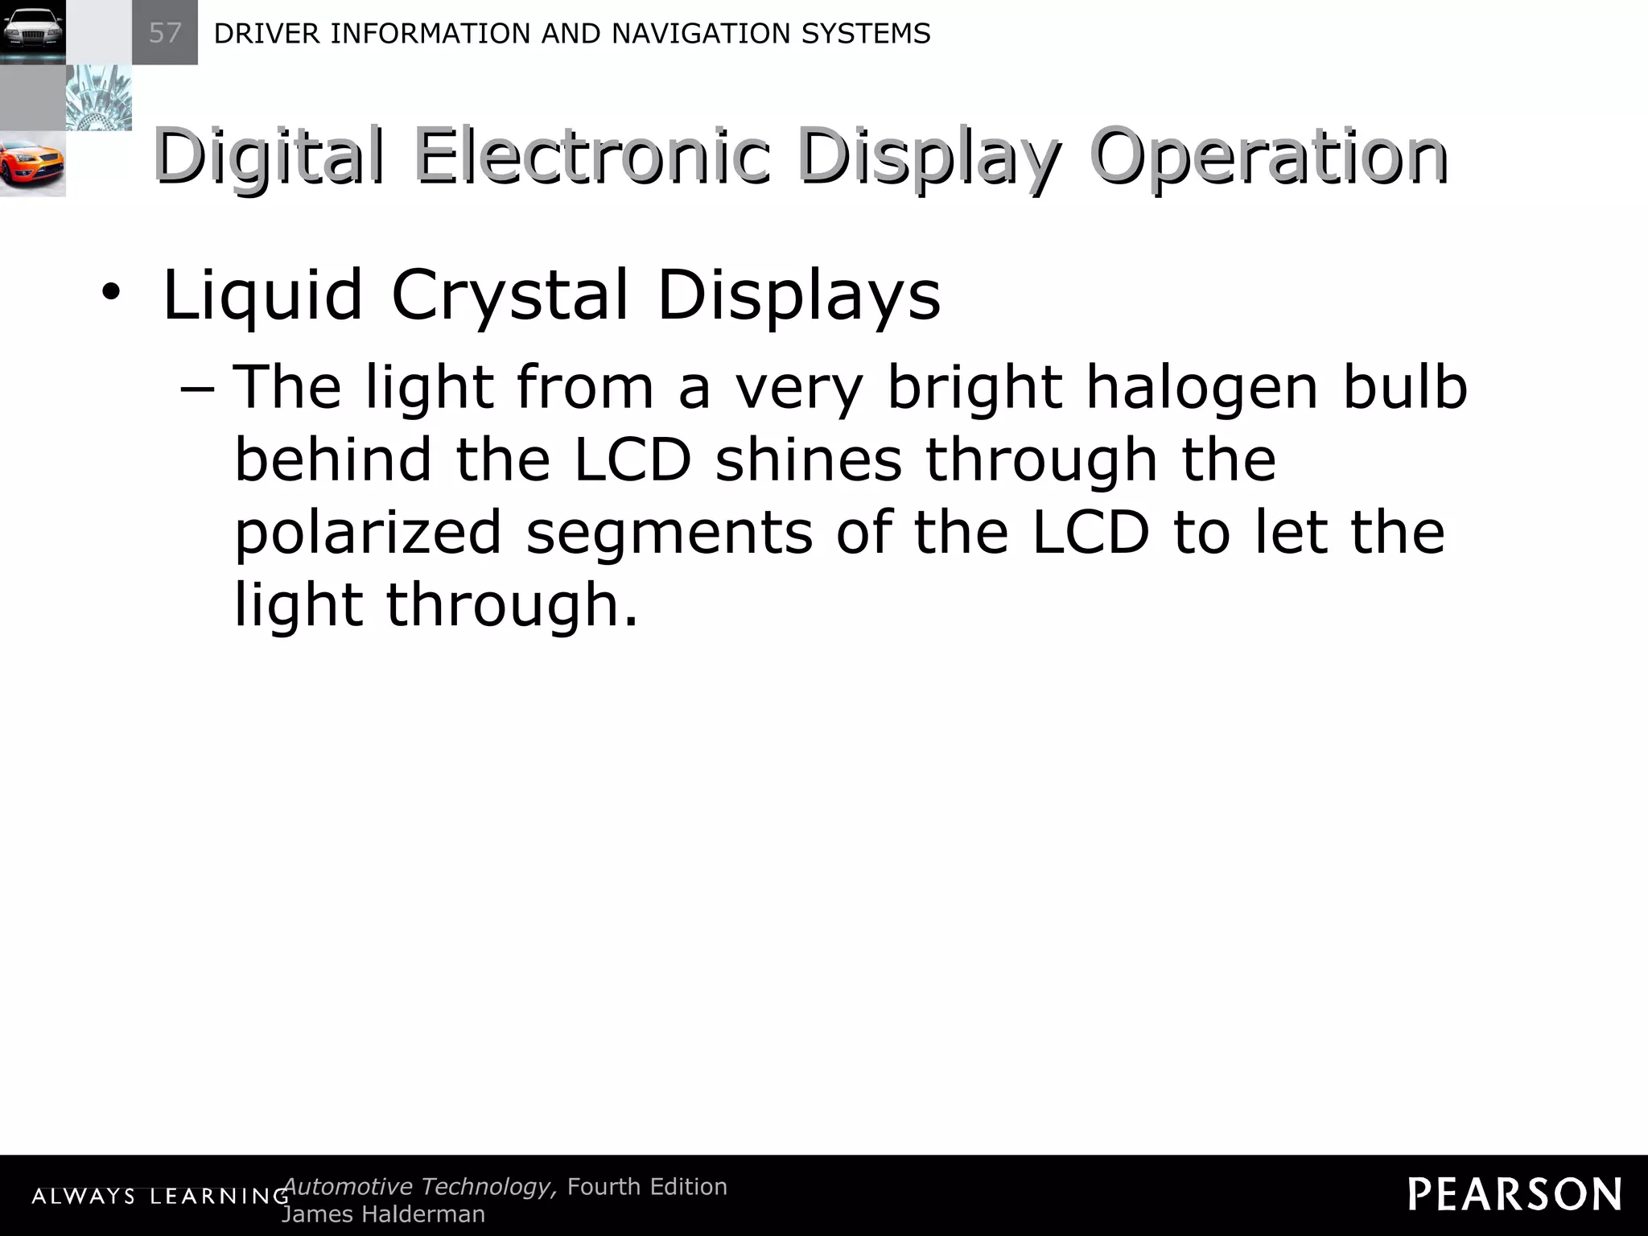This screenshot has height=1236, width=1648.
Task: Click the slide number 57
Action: click(x=165, y=33)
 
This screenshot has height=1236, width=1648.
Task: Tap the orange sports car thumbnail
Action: click(x=32, y=164)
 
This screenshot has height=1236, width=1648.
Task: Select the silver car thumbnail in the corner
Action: click(x=32, y=32)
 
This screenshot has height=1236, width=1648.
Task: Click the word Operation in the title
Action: click(x=1269, y=156)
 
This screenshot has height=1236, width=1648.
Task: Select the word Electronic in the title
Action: click(x=592, y=156)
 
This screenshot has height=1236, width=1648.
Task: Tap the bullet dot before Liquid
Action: click(x=110, y=293)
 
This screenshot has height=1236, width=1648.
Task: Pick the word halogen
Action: click(x=1202, y=388)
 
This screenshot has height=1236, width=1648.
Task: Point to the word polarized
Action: click(x=368, y=533)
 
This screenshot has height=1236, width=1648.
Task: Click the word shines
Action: click(x=808, y=460)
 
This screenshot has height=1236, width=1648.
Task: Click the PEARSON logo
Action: click(x=1514, y=1194)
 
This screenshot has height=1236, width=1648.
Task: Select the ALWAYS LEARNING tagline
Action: click(x=160, y=1197)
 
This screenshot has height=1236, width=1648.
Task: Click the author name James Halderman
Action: click(x=383, y=1213)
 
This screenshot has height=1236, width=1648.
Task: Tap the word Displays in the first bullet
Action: click(x=798, y=295)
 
